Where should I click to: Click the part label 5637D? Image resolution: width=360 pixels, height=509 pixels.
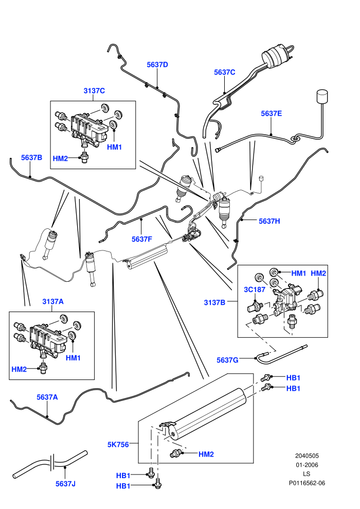pyautogui.click(x=157, y=65)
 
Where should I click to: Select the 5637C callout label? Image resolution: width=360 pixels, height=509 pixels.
pyautogui.click(x=224, y=72)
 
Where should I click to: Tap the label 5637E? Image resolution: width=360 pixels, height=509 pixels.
pyautogui.click(x=272, y=113)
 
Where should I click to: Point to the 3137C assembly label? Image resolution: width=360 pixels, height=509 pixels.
pyautogui.click(x=94, y=90)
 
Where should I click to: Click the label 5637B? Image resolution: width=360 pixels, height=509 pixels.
pyautogui.click(x=31, y=157)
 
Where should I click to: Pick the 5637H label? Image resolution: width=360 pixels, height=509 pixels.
pyautogui.click(x=269, y=221)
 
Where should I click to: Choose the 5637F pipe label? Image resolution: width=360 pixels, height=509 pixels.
pyautogui.click(x=141, y=239)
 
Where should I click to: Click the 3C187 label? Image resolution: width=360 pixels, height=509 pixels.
pyautogui.click(x=255, y=289)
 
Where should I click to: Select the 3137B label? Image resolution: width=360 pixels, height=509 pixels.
pyautogui.click(x=214, y=302)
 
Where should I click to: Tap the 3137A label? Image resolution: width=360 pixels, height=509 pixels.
pyautogui.click(x=53, y=302)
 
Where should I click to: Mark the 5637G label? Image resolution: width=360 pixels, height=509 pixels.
pyautogui.click(x=227, y=360)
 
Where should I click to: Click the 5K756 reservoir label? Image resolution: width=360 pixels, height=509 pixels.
pyautogui.click(x=118, y=444)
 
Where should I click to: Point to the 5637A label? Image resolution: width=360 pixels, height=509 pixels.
pyautogui.click(x=47, y=397)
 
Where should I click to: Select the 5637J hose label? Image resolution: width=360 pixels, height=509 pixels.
pyautogui.click(x=65, y=484)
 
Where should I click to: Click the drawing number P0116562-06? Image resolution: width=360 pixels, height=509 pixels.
pyautogui.click(x=307, y=483)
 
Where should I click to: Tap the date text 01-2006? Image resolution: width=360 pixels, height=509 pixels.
pyautogui.click(x=307, y=465)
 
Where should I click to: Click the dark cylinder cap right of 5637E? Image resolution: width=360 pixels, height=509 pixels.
pyautogui.click(x=322, y=97)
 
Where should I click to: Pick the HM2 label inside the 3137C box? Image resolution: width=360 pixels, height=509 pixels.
pyautogui.click(x=60, y=158)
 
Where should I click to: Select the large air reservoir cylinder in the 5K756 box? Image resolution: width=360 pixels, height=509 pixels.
pyautogui.click(x=208, y=413)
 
